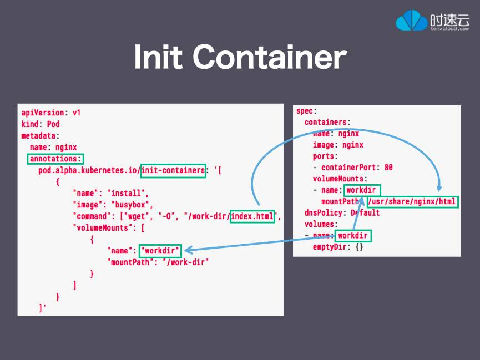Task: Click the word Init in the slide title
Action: [x=158, y=57]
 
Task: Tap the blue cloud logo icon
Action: [x=411, y=21]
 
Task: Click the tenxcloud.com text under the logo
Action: [x=449, y=28]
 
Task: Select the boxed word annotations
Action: [x=55, y=159]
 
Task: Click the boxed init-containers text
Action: [x=173, y=170]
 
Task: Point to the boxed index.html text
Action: [x=252, y=216]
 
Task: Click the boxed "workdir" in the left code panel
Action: [x=160, y=250]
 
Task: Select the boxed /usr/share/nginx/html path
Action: [x=413, y=201]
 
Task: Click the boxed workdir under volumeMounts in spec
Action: [x=362, y=190]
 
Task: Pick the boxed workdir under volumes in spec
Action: [x=353, y=236]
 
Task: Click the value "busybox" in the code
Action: [x=134, y=205]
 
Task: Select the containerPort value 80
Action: [x=388, y=168]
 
